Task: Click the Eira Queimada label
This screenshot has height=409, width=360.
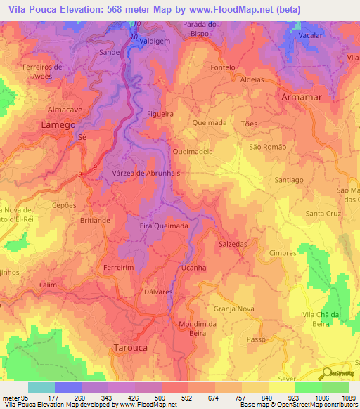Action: [164, 226]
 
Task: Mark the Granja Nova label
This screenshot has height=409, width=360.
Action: [233, 309]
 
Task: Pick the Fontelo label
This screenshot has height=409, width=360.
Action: [222, 68]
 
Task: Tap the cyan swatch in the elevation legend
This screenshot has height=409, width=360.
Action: [41, 387]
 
